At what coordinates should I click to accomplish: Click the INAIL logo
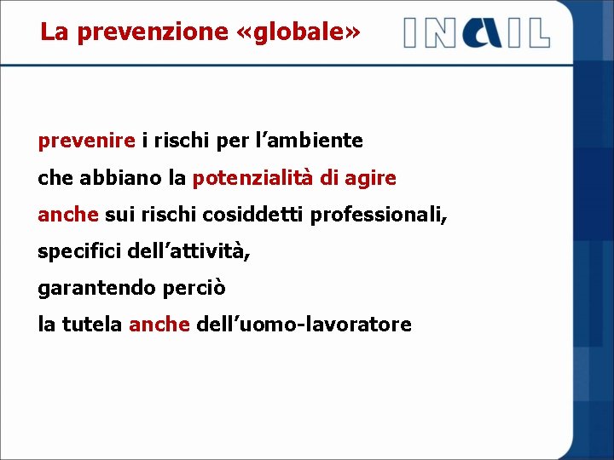477,32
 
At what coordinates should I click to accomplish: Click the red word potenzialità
250,178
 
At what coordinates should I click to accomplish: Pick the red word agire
372,178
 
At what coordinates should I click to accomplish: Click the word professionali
378,215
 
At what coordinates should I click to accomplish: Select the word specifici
79,251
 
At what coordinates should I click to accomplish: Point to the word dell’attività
188,251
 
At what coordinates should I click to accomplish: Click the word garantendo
93,288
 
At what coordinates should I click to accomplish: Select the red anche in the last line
159,325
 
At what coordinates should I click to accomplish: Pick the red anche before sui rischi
68,215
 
